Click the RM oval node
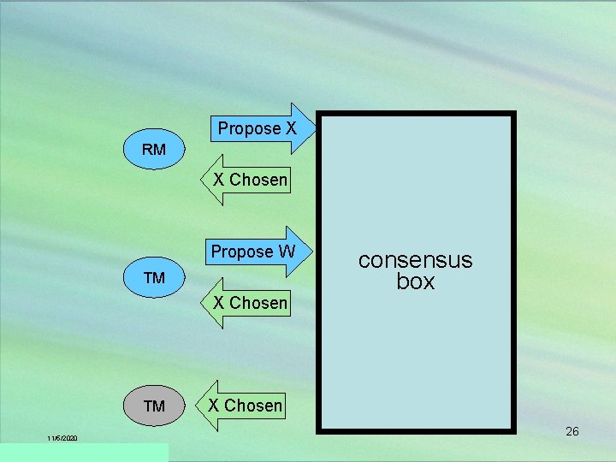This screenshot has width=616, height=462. click(x=154, y=150)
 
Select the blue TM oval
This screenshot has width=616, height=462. click(x=154, y=278)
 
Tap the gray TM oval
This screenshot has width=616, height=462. click(x=154, y=406)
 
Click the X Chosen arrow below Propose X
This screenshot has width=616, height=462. click(x=247, y=180)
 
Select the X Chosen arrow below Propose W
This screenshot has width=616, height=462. click(x=247, y=303)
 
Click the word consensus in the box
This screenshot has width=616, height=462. click(x=415, y=260)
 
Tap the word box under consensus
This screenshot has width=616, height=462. click(x=415, y=281)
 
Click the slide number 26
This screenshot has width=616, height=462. click(x=572, y=431)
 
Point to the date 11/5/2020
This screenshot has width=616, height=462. click(x=62, y=438)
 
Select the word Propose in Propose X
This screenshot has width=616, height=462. click(x=249, y=129)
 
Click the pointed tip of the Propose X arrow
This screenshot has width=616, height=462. click(x=317, y=129)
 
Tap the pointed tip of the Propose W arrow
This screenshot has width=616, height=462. click(x=316, y=252)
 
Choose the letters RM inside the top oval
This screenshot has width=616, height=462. click(x=154, y=150)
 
